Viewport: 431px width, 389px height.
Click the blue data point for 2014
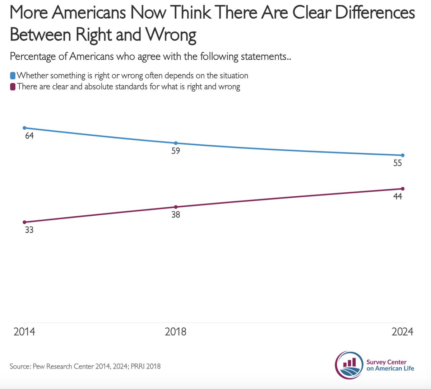[x=24, y=128]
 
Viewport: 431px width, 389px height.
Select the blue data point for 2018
[x=176, y=143]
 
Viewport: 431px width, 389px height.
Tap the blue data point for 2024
[x=403, y=155]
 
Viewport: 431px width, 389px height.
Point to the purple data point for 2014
[x=24, y=222]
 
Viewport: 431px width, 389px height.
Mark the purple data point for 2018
[x=176, y=207]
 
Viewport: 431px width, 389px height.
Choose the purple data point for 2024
[x=403, y=189]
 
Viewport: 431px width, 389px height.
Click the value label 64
[x=29, y=136]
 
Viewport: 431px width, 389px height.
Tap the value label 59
[x=176, y=151]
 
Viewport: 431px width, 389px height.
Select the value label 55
[x=398, y=163]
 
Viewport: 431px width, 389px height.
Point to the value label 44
[x=398, y=197]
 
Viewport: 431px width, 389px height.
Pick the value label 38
[x=176, y=215]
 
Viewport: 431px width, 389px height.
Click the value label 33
[x=29, y=230]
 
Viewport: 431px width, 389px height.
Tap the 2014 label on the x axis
[x=24, y=331]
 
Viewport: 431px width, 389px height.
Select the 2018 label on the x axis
[x=176, y=331]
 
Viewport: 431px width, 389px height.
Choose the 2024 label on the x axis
[x=402, y=331]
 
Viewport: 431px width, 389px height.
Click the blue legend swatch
[x=13, y=76]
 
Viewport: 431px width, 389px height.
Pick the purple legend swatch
[x=13, y=87]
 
